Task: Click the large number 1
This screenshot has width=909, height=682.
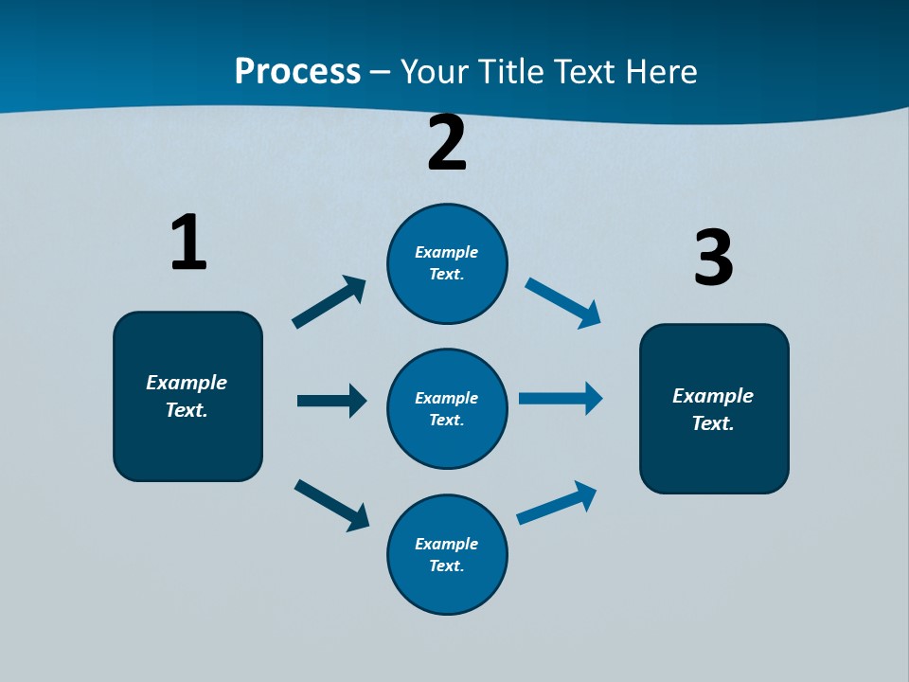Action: [187, 242]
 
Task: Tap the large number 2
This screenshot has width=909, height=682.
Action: [447, 143]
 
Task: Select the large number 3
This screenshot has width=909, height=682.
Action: [713, 258]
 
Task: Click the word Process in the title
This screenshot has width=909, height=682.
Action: [297, 71]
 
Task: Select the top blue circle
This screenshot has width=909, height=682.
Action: [447, 263]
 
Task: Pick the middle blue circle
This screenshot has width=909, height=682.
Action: [447, 408]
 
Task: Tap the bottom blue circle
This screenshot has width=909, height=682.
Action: [447, 554]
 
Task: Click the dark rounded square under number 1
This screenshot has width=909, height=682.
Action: [187, 396]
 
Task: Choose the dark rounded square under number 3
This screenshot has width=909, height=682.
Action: [714, 409]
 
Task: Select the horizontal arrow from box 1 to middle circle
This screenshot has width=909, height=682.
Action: [331, 401]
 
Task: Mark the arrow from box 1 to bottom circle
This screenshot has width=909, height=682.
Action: [331, 505]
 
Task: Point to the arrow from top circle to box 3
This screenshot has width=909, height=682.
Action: [563, 303]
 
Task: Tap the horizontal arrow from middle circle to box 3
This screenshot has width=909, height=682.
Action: [561, 399]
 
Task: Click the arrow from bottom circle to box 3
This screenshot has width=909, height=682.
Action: [557, 503]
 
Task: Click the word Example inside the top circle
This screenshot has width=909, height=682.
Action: [447, 252]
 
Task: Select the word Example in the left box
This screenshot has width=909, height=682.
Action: [187, 383]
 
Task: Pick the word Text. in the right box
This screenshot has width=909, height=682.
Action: [713, 423]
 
